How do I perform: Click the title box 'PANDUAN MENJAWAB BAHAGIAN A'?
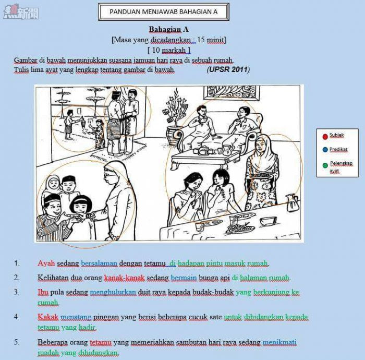click(163, 11)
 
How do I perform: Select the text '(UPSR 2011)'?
click(228, 69)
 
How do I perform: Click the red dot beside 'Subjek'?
click(325, 136)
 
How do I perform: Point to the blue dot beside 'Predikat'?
click(325, 150)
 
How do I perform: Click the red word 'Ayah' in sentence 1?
click(46, 263)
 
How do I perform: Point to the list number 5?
click(17, 342)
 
